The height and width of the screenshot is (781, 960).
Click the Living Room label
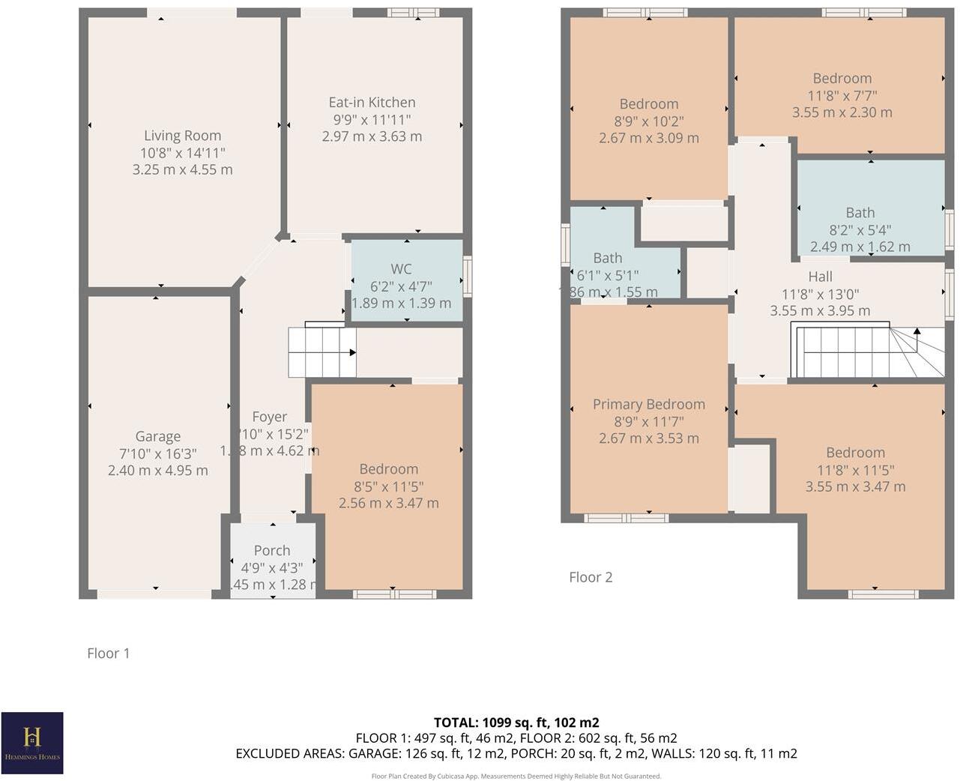182,136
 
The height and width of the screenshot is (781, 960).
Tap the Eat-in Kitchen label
372,103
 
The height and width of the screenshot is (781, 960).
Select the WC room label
401,269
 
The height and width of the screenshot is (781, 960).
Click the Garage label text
157,436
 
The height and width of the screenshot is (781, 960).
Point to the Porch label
271,551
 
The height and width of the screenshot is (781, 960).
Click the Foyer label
269,417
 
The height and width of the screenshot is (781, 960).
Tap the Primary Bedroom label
648,405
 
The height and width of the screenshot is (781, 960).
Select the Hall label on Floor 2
820,277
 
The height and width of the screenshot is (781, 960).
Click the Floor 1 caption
108,654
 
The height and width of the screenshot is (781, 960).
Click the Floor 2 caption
591,577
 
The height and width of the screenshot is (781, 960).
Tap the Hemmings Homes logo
31,742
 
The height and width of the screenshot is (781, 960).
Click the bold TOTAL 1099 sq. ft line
516,723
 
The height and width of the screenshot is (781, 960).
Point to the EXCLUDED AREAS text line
516,753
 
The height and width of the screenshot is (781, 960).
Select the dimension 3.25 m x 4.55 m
182,170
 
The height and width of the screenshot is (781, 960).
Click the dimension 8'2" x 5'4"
860,230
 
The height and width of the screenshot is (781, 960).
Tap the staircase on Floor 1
321,352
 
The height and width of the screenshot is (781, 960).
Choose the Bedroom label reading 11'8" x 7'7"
842,79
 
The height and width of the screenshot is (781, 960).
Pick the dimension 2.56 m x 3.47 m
388,503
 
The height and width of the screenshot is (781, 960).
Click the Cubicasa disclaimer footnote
516,776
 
